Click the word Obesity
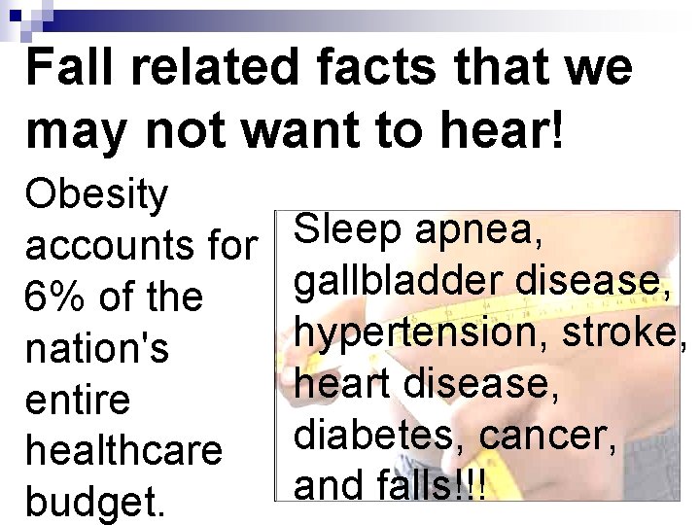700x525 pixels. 97,194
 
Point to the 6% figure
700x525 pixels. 54,297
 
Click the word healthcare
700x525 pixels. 124,450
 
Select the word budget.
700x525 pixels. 95,503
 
